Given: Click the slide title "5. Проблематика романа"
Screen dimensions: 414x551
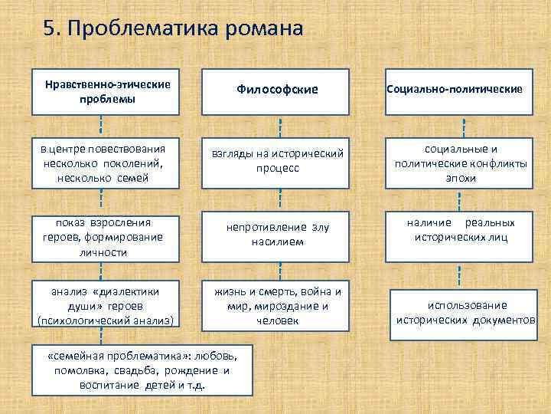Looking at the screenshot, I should coord(174,28).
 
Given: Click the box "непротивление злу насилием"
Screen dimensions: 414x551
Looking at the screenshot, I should coord(277,235).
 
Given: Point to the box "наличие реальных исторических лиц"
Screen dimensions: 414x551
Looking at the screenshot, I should coord(461,231).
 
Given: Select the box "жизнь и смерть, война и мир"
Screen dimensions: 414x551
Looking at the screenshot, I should coord(278,305).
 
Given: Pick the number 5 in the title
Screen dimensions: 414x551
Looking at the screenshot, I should coord(51,28).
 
